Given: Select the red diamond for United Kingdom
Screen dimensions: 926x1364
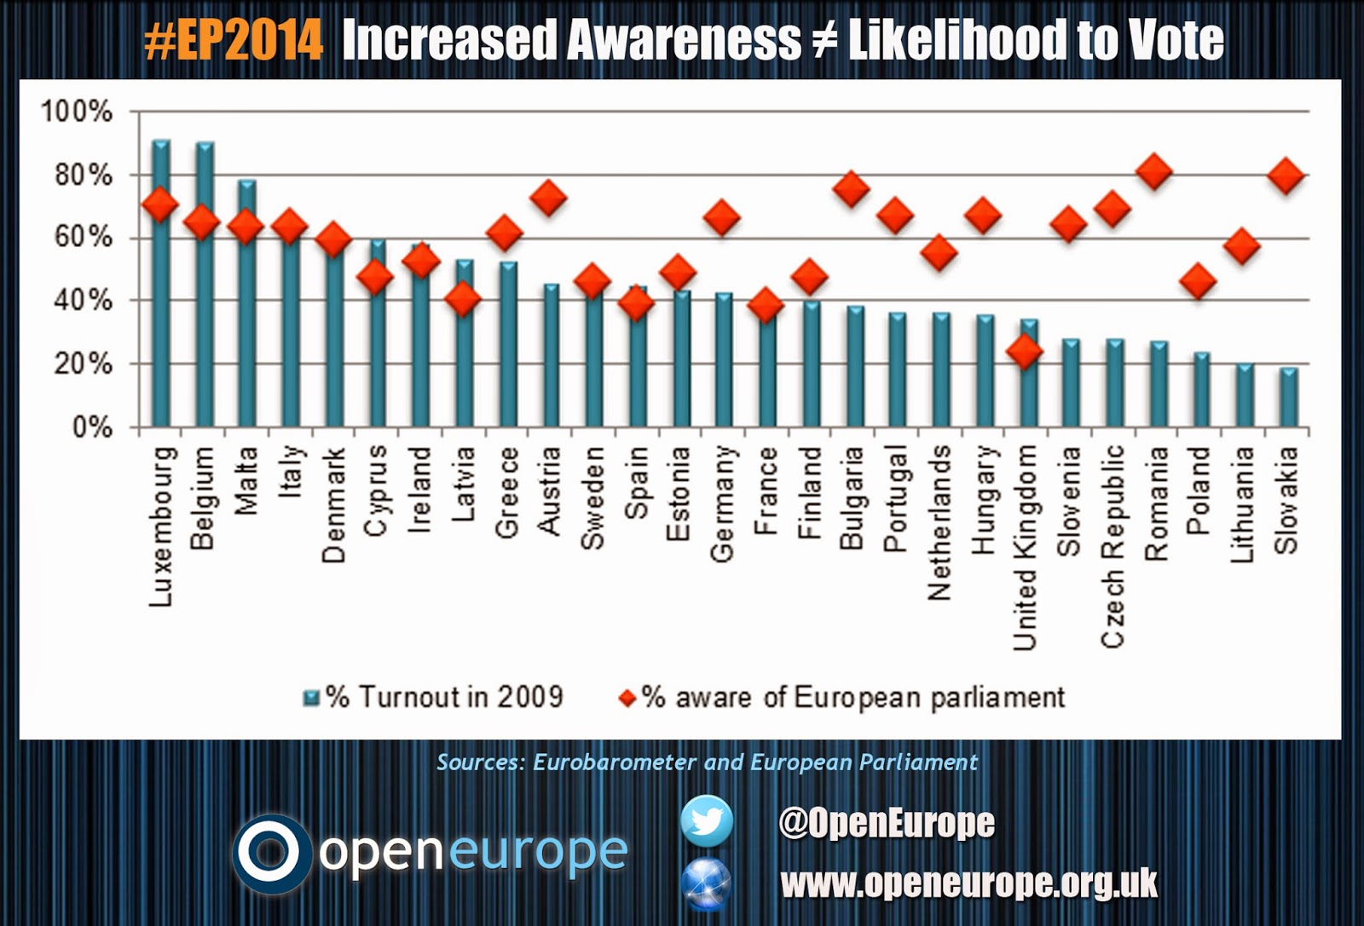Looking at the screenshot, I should pos(1025,350).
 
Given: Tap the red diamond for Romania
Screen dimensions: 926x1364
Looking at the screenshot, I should pos(1155,171).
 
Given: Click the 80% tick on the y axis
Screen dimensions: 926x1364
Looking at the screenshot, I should pos(84,175).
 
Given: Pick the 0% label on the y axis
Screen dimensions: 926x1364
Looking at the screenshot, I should pos(92,427).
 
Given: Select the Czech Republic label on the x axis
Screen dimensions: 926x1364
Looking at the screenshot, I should pos(1113,546).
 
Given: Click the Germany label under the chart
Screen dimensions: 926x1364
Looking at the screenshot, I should pos(722,503).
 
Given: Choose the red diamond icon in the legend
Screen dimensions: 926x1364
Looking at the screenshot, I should pos(627,699).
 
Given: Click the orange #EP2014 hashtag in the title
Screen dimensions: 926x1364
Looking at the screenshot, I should pos(234,40).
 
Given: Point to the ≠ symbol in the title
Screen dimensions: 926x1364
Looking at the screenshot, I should pos(823,40).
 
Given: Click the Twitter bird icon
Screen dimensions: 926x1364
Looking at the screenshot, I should pos(707,821).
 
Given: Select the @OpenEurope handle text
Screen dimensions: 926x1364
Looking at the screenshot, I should pos(886,822).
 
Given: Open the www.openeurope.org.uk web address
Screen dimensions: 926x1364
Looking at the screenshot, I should pos(968,883).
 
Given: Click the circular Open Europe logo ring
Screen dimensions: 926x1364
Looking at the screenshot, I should pos(272,854).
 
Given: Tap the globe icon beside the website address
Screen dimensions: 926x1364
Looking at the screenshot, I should pos(706,883).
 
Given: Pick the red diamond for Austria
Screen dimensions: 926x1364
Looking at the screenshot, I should pos(548,198).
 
